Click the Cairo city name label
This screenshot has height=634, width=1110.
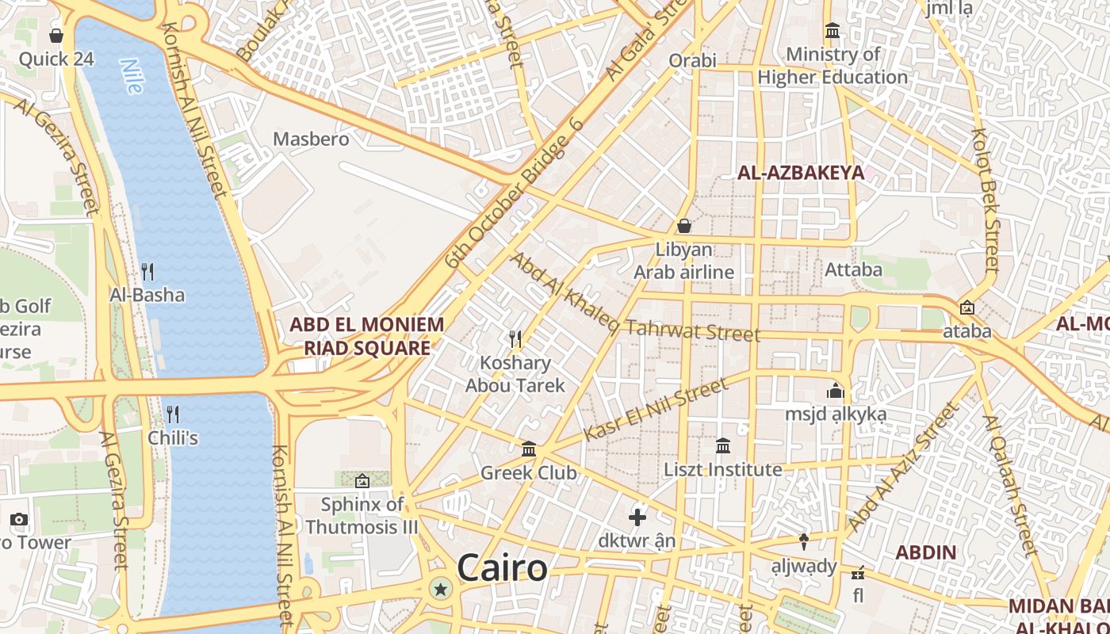(502, 568)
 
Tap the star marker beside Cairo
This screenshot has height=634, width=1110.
(440, 589)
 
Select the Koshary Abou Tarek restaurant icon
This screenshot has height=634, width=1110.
(515, 339)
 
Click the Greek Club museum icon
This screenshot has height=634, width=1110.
(529, 449)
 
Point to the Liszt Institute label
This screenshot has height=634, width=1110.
(723, 469)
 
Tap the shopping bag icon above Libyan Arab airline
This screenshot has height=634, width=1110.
(683, 226)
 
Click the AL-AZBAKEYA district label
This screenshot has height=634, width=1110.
(801, 173)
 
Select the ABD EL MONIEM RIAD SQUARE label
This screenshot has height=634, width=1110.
(367, 336)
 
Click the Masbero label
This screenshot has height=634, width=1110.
(311, 139)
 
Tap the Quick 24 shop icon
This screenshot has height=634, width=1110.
(56, 36)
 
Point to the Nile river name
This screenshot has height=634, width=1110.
(132, 76)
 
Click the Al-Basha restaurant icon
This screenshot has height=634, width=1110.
(147, 272)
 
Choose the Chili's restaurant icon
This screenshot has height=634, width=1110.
(173, 414)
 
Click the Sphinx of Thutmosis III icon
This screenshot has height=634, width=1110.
(362, 480)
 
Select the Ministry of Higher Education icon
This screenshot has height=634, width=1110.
(832, 31)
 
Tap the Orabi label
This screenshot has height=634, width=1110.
(692, 60)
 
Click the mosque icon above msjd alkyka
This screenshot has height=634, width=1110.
(836, 391)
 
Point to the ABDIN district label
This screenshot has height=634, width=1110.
(926, 552)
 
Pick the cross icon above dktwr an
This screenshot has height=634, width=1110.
(637, 518)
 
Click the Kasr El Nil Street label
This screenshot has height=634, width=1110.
(655, 410)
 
